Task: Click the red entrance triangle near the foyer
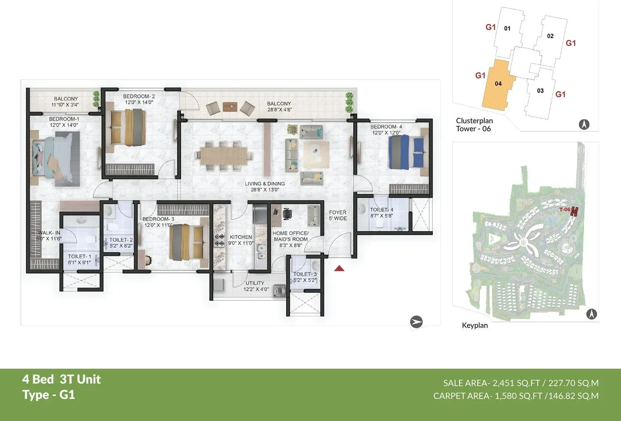(x=339, y=269)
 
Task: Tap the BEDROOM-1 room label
(x=64, y=119)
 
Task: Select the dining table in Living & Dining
(x=224, y=155)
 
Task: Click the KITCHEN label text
(x=241, y=237)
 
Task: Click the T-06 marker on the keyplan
(x=565, y=210)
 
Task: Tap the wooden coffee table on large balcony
(x=230, y=107)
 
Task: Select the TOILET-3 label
(x=305, y=274)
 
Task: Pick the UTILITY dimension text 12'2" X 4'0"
(x=256, y=289)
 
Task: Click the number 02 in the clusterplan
(x=550, y=36)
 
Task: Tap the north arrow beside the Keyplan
(x=592, y=314)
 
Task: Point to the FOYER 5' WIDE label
(x=338, y=215)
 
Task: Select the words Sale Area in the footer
(x=465, y=383)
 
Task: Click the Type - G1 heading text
(x=49, y=395)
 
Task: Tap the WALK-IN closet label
(x=49, y=233)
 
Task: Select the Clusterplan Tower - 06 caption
(x=474, y=124)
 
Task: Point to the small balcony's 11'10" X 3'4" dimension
(x=65, y=105)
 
